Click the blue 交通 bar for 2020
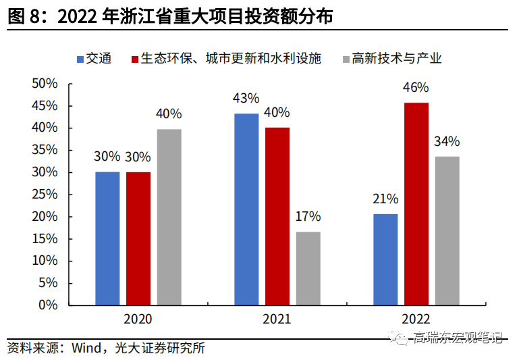coord(107,238)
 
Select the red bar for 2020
coord(138,238)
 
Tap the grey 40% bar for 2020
coord(169,217)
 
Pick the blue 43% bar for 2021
coord(246,209)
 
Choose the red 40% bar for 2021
coord(277,215)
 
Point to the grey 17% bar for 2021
coord(308,268)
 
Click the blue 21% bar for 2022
coord(385,259)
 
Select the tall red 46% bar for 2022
coord(416,203)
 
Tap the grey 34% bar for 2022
coord(447,230)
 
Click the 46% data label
coord(416,88)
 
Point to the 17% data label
coord(308,217)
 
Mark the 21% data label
coord(385,199)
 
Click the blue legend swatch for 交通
coord(80,58)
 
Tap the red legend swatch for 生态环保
coord(135,58)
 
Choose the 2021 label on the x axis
coord(277,319)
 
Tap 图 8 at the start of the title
coord(23,17)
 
